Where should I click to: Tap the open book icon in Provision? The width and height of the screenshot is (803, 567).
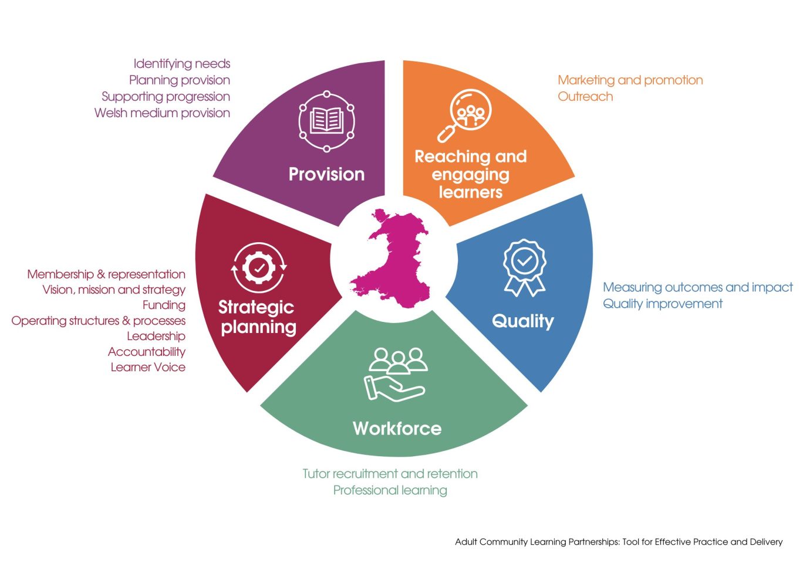(326, 121)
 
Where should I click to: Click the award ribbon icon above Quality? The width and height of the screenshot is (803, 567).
(524, 267)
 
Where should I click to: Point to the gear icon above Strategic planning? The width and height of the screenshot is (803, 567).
(259, 268)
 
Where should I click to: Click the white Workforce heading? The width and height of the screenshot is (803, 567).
(397, 429)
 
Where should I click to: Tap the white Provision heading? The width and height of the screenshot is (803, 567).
(326, 174)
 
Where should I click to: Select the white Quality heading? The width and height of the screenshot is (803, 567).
(522, 321)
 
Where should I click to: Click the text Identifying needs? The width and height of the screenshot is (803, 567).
(181, 63)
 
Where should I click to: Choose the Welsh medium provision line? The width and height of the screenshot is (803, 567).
(162, 113)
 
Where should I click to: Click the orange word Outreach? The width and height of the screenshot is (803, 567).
(585, 97)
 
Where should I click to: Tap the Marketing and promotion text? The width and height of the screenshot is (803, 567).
(630, 80)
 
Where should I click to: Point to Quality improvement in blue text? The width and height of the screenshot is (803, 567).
(663, 304)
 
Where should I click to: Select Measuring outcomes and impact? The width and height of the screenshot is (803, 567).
(697, 287)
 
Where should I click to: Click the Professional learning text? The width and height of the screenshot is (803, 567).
(390, 490)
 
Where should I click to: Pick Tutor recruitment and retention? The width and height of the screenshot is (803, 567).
(390, 474)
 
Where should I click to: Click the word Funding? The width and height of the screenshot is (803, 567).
(164, 305)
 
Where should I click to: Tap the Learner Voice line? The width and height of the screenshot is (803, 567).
(148, 367)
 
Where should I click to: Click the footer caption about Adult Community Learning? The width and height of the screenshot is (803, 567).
(619, 542)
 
